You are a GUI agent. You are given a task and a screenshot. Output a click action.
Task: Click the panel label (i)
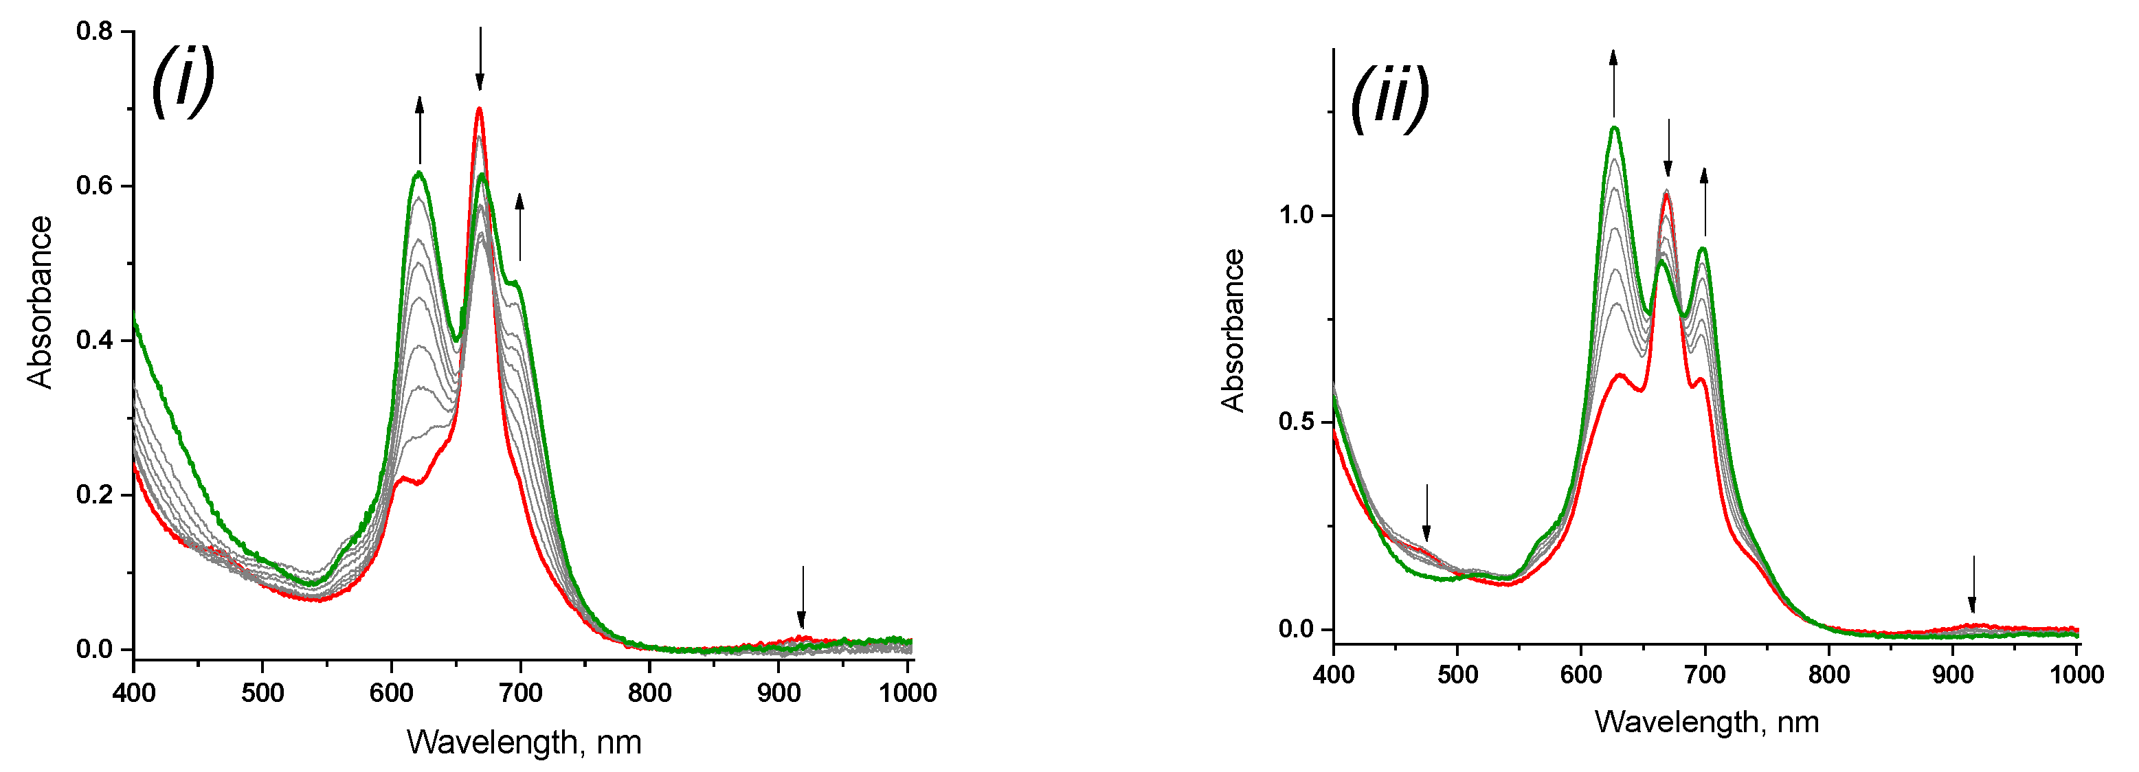click(x=183, y=80)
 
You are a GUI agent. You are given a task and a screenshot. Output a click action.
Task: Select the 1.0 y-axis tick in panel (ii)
click(x=1297, y=216)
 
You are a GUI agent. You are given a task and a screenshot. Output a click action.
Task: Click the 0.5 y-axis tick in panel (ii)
click(x=1297, y=422)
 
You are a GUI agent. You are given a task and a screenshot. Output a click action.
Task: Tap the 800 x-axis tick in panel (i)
click(x=649, y=692)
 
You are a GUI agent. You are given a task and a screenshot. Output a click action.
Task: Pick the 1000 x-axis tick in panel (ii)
click(x=2076, y=674)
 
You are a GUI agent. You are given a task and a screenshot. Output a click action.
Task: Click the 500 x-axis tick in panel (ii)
click(x=1457, y=674)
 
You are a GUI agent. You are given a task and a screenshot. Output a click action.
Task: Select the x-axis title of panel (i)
click(x=524, y=741)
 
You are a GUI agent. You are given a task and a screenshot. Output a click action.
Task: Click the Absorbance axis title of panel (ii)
click(x=1233, y=330)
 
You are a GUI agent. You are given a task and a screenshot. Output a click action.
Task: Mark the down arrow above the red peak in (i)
click(x=480, y=58)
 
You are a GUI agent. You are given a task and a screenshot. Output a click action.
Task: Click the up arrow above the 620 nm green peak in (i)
click(x=419, y=130)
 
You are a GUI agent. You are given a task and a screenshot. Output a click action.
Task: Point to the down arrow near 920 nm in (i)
click(x=802, y=597)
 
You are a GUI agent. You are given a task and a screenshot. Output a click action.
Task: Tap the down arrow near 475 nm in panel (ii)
click(x=1426, y=512)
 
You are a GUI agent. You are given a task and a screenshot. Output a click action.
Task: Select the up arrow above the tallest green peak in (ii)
click(x=1613, y=83)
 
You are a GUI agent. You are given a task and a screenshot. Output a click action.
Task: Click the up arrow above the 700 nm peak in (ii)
click(x=1705, y=202)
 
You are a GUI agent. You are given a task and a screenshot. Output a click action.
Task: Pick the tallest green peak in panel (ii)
click(x=1614, y=128)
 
